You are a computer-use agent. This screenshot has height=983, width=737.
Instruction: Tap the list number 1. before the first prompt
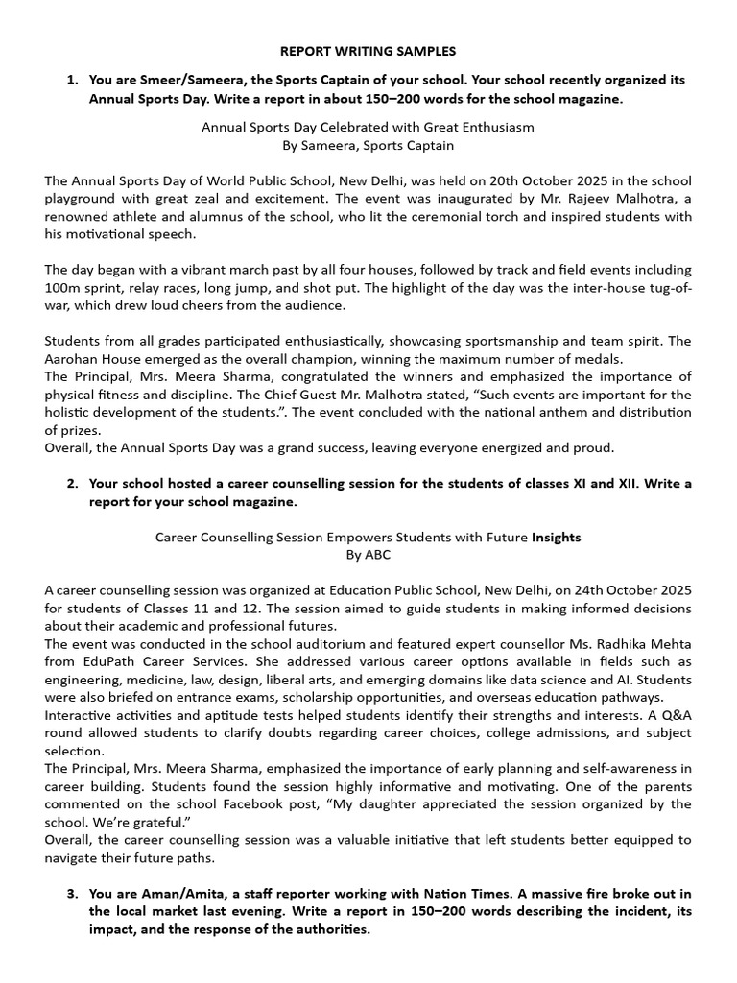73,81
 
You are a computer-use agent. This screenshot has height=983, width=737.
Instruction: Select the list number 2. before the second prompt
73,483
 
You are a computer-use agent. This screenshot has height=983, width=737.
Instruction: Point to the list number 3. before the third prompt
73,894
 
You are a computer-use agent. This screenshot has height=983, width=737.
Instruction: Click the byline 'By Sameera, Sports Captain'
368,145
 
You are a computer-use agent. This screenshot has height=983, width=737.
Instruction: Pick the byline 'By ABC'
368,555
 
